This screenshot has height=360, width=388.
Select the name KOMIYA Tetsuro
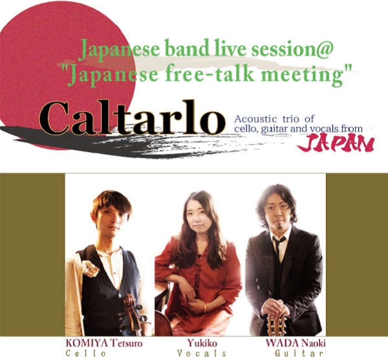[x=104, y=343]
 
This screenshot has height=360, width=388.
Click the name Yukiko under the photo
[x=202, y=343]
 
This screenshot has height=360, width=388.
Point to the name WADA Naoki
[x=296, y=343]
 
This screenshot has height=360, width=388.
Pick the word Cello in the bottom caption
[x=85, y=354]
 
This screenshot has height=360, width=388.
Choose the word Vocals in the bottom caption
[x=202, y=354]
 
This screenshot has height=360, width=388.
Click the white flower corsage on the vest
[x=91, y=269]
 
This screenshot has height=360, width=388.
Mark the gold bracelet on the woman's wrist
[x=205, y=308]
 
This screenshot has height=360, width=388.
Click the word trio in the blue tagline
[x=292, y=119]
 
